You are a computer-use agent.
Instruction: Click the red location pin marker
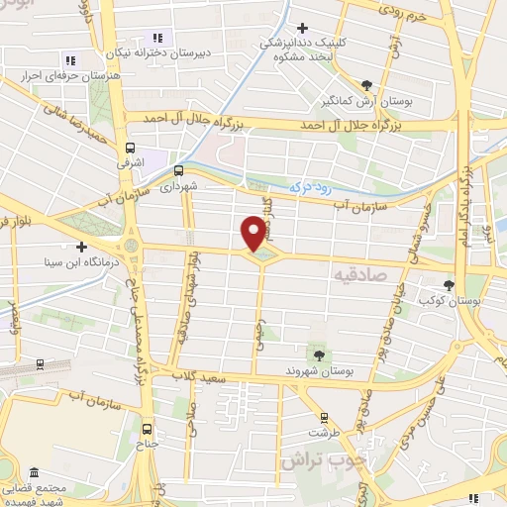click(253, 232)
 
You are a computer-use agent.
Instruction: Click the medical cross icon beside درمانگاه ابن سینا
click(82, 246)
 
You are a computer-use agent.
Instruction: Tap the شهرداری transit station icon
click(179, 169)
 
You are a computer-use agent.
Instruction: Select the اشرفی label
click(130, 156)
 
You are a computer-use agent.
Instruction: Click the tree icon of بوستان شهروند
click(319, 354)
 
